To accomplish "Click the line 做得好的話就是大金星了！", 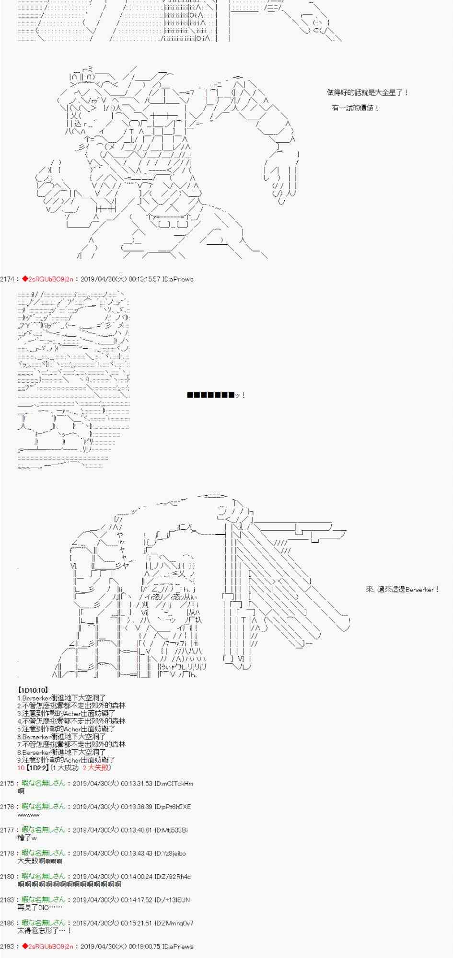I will (x=367, y=93).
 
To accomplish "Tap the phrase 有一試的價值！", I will (x=355, y=108).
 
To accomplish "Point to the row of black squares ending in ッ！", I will (x=216, y=395).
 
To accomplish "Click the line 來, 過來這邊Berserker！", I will (x=402, y=589).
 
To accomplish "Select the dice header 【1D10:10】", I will (x=33, y=690).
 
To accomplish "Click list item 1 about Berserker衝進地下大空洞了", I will (x=61, y=698).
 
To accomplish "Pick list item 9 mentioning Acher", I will (x=66, y=760).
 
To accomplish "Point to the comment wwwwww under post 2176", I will (x=28, y=815).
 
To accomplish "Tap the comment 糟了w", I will (x=27, y=838).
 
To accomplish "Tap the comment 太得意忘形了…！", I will (x=44, y=931).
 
